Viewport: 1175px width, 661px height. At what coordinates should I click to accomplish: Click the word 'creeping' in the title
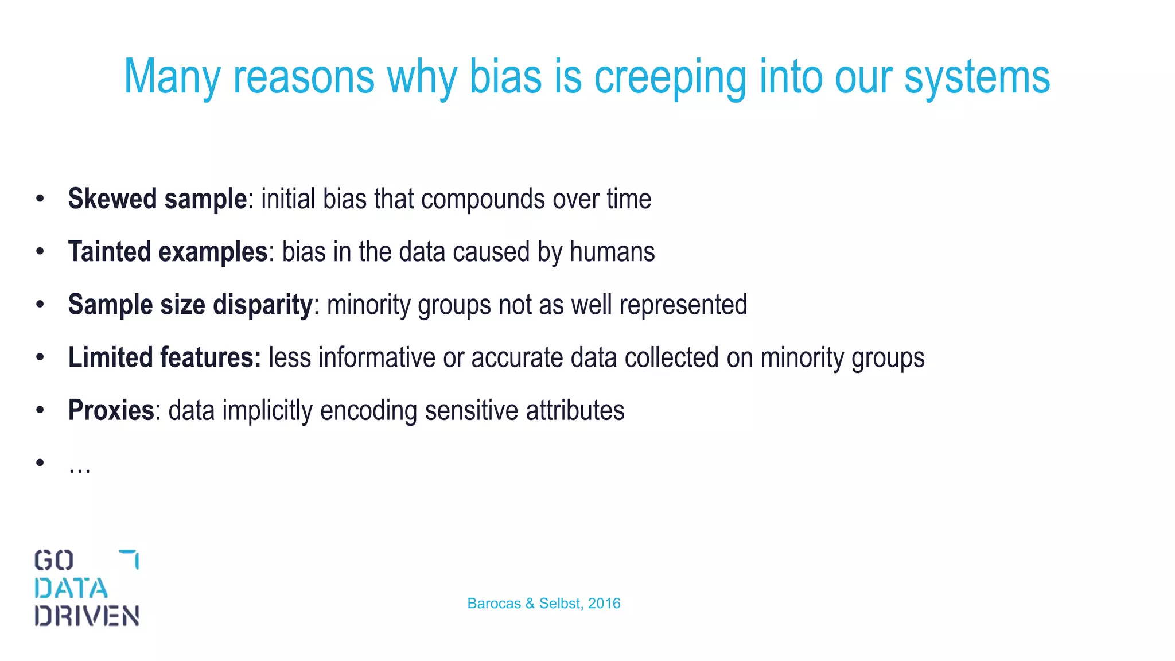click(x=670, y=77)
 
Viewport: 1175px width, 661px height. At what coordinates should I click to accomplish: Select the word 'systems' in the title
click(x=976, y=77)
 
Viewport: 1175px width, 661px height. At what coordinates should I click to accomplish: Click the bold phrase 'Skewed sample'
click(x=157, y=199)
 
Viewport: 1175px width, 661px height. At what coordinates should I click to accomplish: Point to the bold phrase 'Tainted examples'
click(x=168, y=252)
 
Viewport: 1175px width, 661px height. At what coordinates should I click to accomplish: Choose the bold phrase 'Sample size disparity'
click(x=190, y=305)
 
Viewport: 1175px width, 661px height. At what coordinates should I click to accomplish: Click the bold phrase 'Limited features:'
click(x=164, y=357)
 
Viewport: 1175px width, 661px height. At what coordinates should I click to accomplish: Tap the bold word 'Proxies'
click(x=111, y=410)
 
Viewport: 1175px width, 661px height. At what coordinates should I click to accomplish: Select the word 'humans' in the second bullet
click(x=612, y=252)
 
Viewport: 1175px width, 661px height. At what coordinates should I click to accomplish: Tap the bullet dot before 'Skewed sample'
click(x=40, y=199)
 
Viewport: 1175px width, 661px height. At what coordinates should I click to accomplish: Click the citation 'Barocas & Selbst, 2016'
click(x=543, y=604)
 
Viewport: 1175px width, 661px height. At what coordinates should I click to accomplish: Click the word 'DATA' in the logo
click(x=71, y=589)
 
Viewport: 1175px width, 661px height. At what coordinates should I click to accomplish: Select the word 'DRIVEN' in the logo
click(x=87, y=616)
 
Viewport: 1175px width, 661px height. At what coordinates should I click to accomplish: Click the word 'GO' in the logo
click(x=53, y=561)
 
